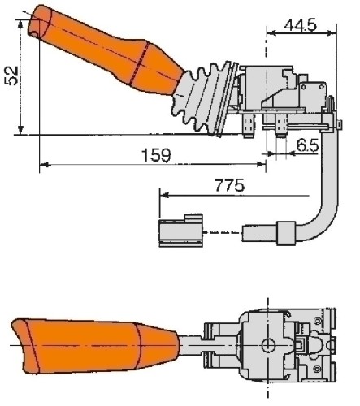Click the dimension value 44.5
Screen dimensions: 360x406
tap(301, 25)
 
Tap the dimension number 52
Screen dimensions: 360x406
tap(11, 76)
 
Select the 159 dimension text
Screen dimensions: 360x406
tap(156, 155)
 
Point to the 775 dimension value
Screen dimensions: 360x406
tap(229, 185)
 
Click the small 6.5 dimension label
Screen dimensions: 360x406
tap(308, 145)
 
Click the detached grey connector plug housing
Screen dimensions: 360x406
tap(180, 231)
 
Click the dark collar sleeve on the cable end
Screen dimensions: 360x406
tap(286, 233)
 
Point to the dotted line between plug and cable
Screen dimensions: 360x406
tap(222, 232)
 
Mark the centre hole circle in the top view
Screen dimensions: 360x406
tap(268, 345)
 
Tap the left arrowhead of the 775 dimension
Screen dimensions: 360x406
tap(164, 195)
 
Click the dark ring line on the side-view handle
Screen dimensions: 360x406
tap(140, 63)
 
